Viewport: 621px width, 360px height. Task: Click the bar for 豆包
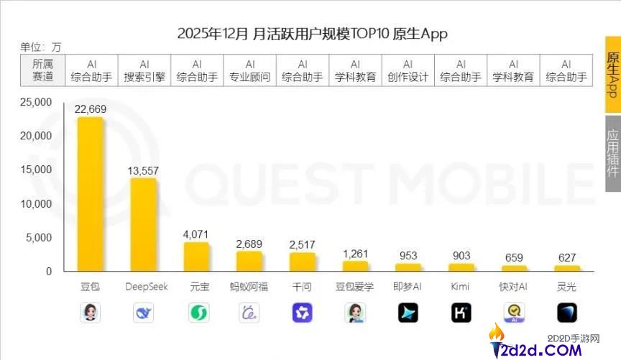click(x=91, y=194)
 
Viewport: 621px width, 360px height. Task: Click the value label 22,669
click(x=91, y=109)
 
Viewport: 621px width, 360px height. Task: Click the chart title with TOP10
click(x=312, y=34)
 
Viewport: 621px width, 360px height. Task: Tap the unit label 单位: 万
click(x=41, y=47)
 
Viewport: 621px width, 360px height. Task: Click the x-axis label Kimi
click(x=460, y=287)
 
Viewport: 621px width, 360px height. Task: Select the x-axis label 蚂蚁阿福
click(x=249, y=287)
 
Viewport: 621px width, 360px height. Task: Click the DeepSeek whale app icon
click(x=144, y=313)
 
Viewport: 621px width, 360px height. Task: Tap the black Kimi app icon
click(x=461, y=313)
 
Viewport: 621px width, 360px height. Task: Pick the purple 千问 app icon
click(x=302, y=313)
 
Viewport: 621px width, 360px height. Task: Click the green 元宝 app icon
click(x=197, y=313)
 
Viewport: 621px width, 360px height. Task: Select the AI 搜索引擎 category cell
click(x=144, y=70)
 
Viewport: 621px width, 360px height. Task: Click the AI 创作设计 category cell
click(x=408, y=70)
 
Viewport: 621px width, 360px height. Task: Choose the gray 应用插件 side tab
click(x=612, y=153)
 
